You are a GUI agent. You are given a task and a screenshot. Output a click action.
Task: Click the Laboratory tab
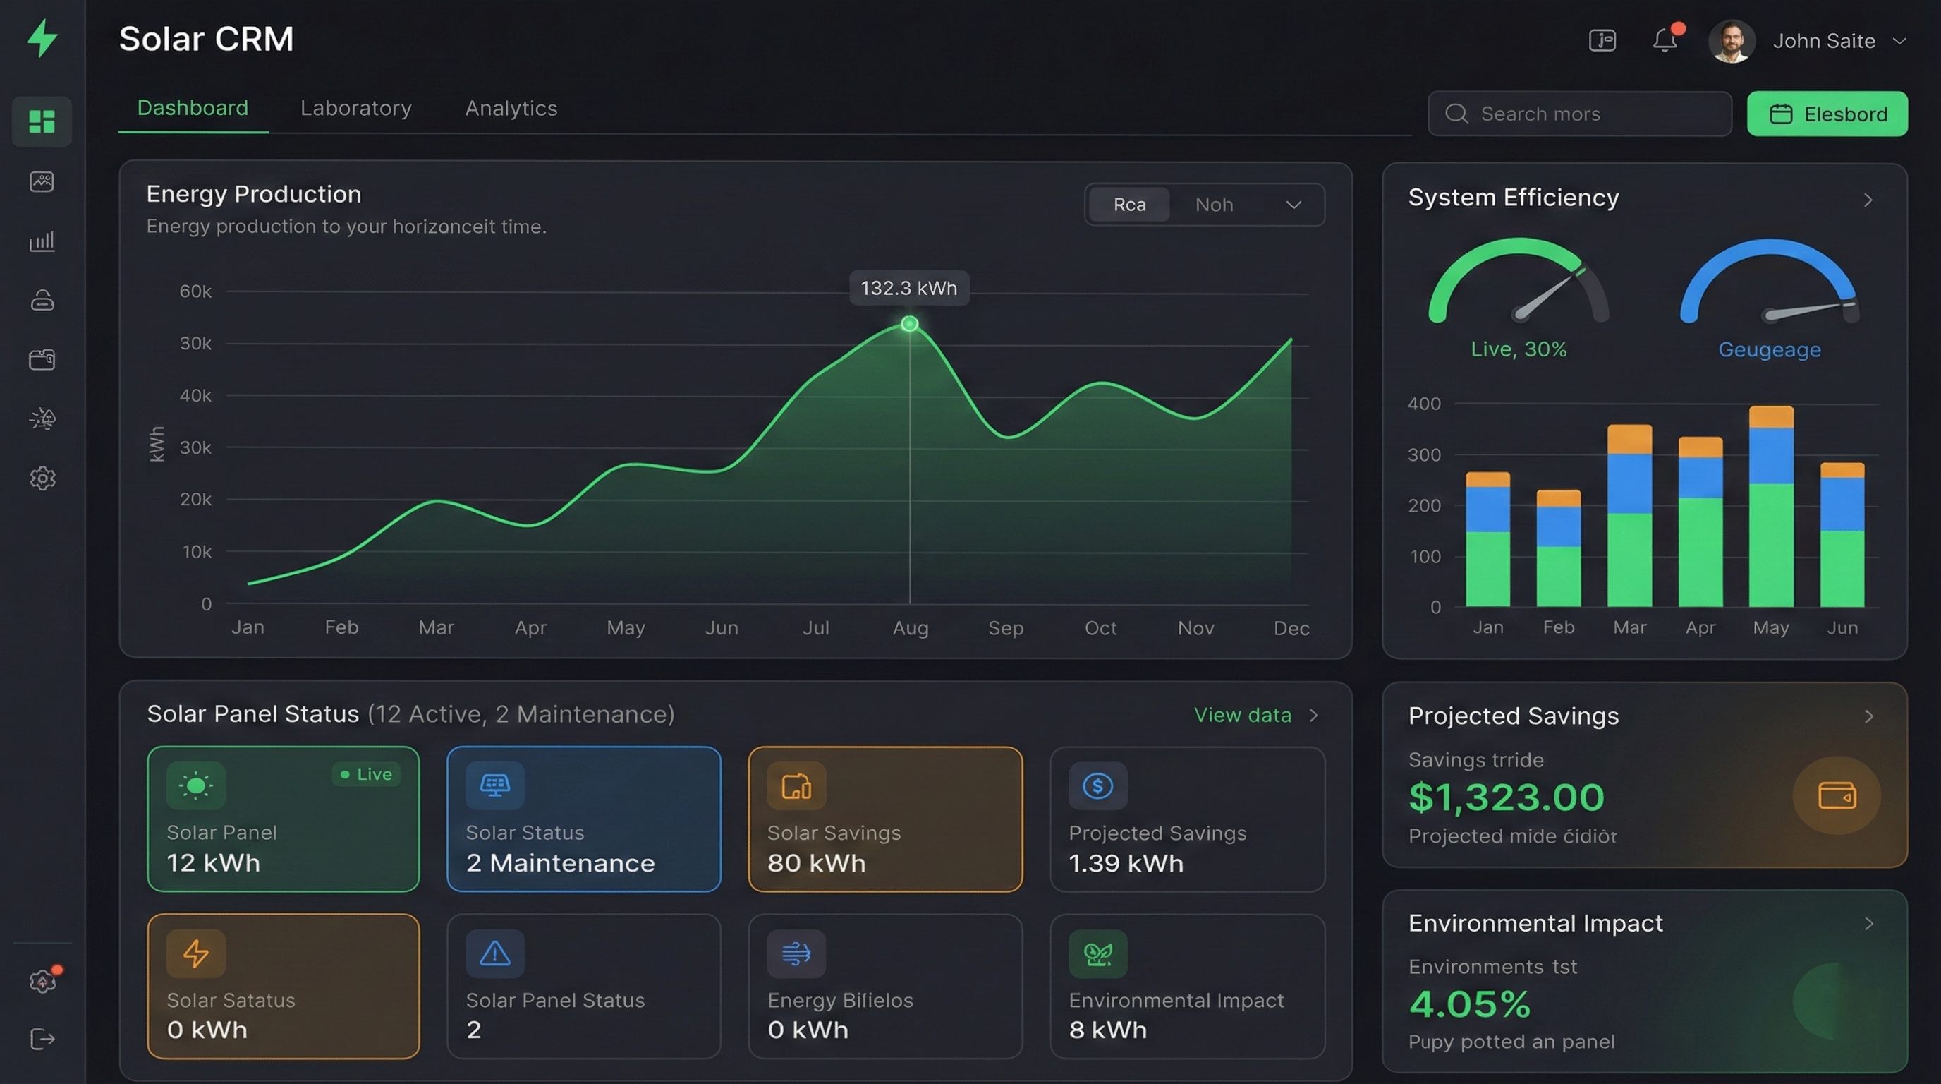click(x=355, y=109)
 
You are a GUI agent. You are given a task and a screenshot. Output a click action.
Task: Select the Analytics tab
click(x=511, y=109)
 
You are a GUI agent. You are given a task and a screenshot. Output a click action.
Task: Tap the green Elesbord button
click(x=1827, y=114)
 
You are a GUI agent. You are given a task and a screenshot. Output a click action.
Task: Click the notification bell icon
click(x=1665, y=40)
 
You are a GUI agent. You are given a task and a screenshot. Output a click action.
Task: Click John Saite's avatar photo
click(x=1731, y=41)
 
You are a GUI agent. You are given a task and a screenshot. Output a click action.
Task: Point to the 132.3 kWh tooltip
click(x=908, y=288)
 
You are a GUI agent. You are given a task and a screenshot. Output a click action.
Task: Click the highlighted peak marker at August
click(x=909, y=324)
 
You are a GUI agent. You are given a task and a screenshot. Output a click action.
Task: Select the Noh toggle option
click(x=1213, y=204)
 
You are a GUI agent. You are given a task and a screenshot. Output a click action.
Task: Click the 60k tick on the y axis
click(x=195, y=291)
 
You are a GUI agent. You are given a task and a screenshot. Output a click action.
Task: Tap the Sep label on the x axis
click(x=1005, y=628)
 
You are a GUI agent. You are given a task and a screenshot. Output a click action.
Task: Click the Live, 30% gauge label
click(x=1519, y=349)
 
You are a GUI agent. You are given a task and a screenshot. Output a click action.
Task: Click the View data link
click(x=1243, y=715)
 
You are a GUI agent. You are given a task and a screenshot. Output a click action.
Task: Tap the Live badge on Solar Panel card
click(x=366, y=774)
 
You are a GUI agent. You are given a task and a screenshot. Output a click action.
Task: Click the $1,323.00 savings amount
click(x=1507, y=797)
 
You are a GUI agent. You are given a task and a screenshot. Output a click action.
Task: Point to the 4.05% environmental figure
click(x=1469, y=1004)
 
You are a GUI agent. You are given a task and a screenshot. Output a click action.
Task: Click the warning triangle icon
click(x=495, y=953)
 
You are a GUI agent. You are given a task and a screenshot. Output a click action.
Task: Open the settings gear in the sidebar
click(x=42, y=478)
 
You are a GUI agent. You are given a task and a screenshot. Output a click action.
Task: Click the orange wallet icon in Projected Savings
click(x=1837, y=795)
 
